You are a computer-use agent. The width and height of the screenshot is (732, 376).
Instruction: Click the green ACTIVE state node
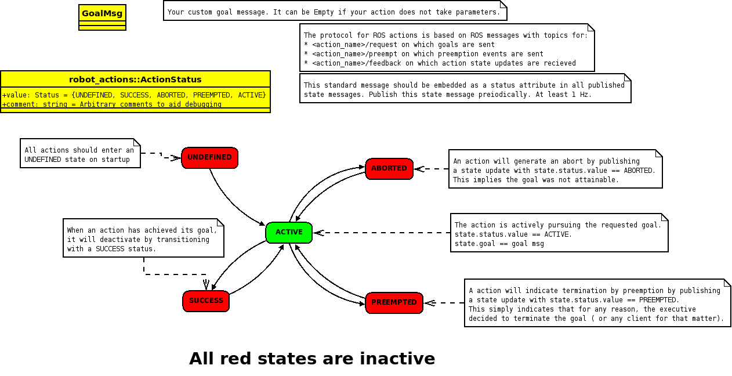(289, 233)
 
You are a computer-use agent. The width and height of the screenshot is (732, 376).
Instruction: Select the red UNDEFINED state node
(209, 158)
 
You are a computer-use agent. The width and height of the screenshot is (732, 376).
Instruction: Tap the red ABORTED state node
(389, 169)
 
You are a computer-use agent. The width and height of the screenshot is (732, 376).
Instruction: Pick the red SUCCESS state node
(206, 301)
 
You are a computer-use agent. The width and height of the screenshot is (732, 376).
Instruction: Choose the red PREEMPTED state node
(394, 303)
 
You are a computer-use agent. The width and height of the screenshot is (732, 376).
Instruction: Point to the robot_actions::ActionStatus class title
(135, 79)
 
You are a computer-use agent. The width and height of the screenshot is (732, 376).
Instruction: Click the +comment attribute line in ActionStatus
(112, 104)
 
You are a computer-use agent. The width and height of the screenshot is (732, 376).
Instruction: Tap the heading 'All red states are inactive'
(312, 359)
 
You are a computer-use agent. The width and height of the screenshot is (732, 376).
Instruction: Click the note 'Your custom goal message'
(334, 12)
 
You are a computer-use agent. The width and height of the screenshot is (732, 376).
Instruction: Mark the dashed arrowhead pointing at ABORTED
(419, 169)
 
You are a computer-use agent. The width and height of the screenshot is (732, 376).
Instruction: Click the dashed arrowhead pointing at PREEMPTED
(429, 303)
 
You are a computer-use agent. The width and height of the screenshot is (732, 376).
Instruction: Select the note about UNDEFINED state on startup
(79, 154)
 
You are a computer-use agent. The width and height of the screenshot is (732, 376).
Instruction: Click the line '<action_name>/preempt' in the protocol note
(423, 54)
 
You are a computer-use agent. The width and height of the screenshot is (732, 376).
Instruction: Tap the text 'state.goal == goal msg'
(499, 244)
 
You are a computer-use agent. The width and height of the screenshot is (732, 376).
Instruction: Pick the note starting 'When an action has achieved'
(142, 239)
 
